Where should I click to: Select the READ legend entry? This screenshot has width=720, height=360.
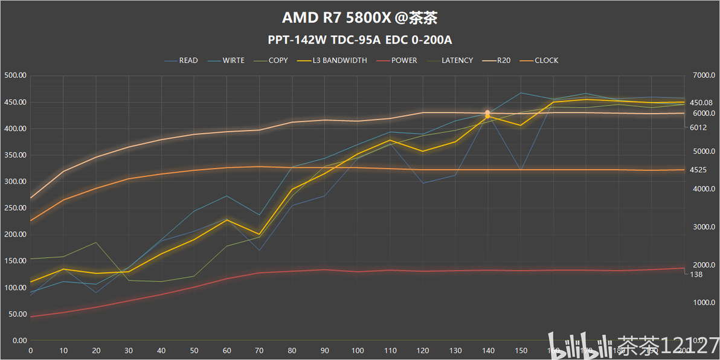188,60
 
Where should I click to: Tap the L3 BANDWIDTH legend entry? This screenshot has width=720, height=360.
339,60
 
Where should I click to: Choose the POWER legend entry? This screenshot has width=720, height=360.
403,60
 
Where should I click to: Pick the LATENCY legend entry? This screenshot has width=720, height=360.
457,60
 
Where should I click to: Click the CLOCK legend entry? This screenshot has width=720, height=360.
546,60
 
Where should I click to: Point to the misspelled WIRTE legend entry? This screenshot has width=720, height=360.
233,60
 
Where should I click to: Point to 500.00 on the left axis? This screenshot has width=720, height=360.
14,76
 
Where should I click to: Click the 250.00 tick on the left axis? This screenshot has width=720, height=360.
14,208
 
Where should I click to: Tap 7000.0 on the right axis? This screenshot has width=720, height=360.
704,76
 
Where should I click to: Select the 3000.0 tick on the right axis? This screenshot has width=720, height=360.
704,227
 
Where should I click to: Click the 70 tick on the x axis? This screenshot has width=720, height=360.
260,350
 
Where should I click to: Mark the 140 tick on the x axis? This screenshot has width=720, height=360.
488,350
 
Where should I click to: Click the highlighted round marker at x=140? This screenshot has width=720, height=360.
487,113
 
